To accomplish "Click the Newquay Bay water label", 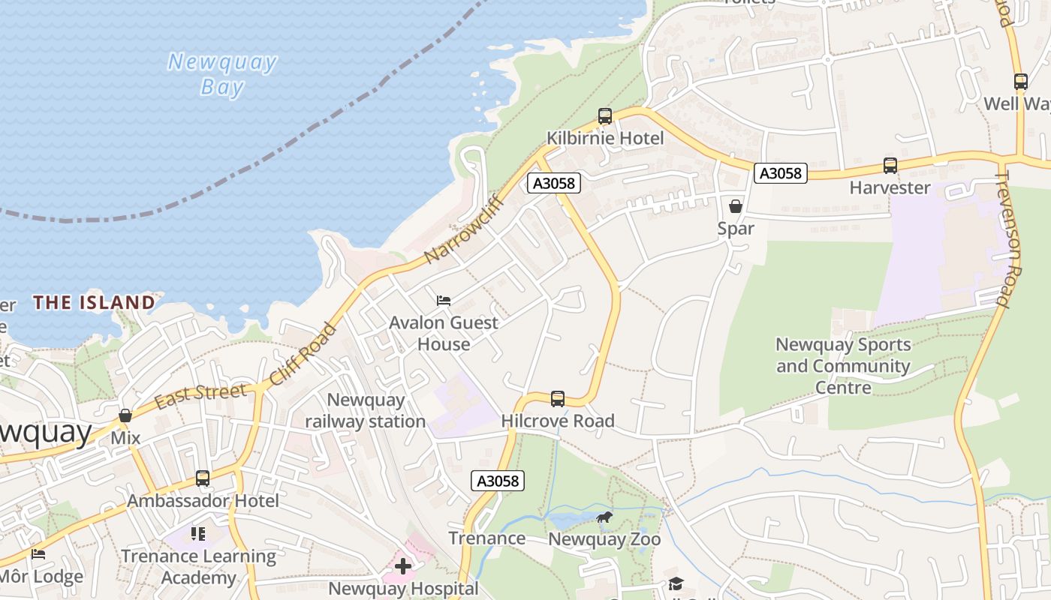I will [222, 74].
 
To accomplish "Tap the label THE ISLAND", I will [94, 302].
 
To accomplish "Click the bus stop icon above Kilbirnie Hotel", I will [605, 116].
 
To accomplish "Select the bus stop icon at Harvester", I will [890, 166].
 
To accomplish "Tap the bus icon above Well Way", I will [1020, 82].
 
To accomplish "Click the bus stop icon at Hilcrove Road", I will [558, 399].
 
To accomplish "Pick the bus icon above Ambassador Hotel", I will [203, 478].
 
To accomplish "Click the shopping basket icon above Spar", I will [736, 206].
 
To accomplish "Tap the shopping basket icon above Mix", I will [125, 415].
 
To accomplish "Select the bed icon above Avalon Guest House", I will [444, 301].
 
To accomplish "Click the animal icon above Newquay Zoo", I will [604, 517].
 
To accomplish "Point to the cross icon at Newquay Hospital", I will [403, 566].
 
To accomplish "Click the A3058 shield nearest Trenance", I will [498, 481].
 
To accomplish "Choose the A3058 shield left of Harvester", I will [781, 173].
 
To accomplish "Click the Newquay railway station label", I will [366, 411].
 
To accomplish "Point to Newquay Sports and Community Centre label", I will [843, 366].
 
